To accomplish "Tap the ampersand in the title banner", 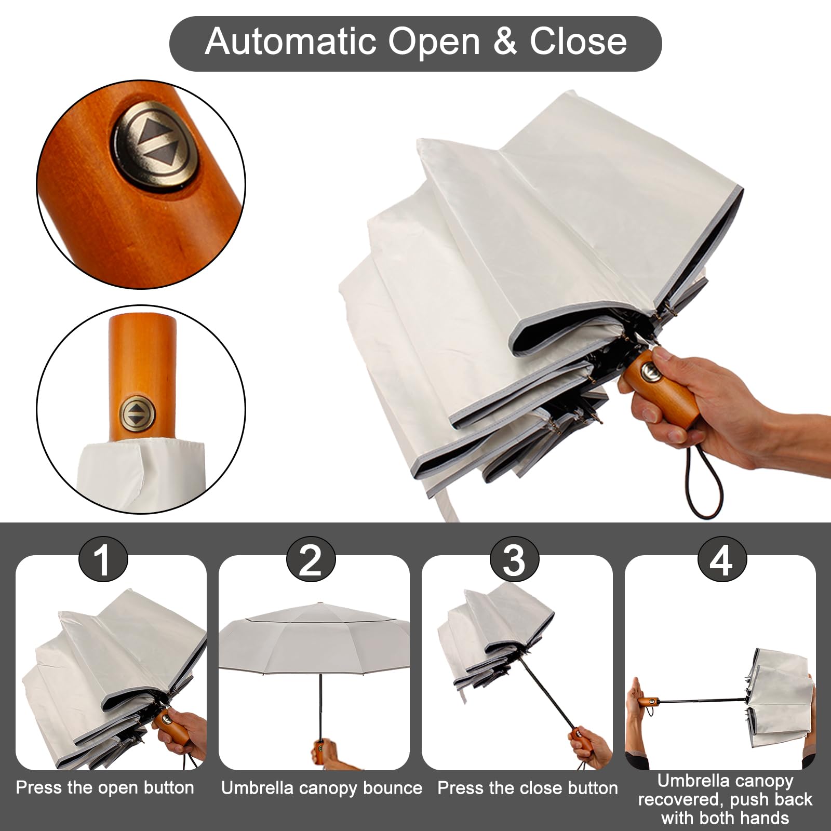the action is point(505,41).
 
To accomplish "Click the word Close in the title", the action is point(578,41).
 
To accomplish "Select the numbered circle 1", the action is point(103,560).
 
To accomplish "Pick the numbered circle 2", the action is point(311,560).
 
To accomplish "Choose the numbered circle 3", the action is point(514,560).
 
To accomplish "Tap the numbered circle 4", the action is point(722,560).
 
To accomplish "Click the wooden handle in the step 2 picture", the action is point(319,752).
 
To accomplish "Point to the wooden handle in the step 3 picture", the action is point(580,740).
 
